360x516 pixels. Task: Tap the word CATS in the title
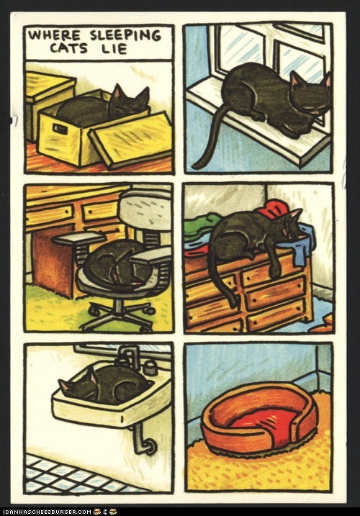pos(69,48)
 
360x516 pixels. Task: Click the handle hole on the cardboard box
pos(59,129)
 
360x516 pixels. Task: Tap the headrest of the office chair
pos(145,209)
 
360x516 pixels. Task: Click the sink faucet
pos(130,356)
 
